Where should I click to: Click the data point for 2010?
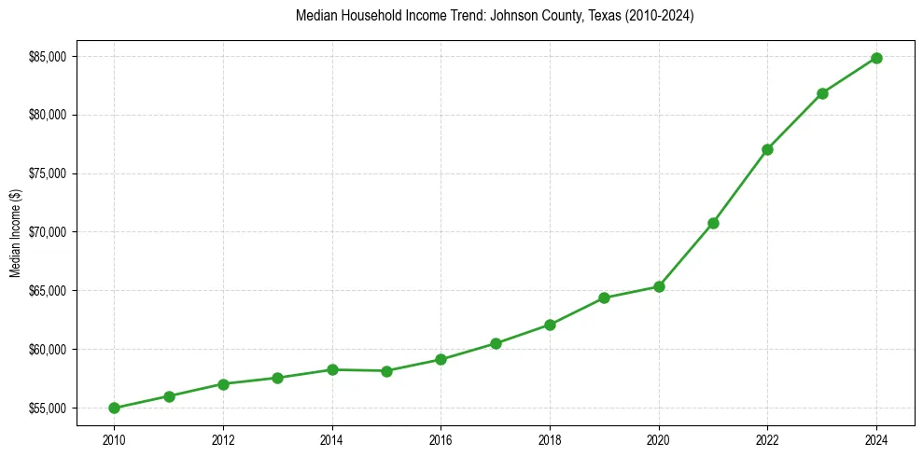[114, 408]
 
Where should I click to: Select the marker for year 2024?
[876, 58]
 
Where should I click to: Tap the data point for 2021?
[713, 223]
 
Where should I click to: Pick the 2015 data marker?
[386, 371]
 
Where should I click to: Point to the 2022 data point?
[767, 149]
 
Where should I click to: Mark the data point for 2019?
[604, 298]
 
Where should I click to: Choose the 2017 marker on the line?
[496, 343]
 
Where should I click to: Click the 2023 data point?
[822, 93]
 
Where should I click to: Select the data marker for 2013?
[277, 378]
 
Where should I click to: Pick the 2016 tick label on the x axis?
[441, 439]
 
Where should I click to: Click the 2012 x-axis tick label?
[223, 439]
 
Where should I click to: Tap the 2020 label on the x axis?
[659, 439]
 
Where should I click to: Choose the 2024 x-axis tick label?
[876, 439]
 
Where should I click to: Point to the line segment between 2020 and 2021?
[686, 255]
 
